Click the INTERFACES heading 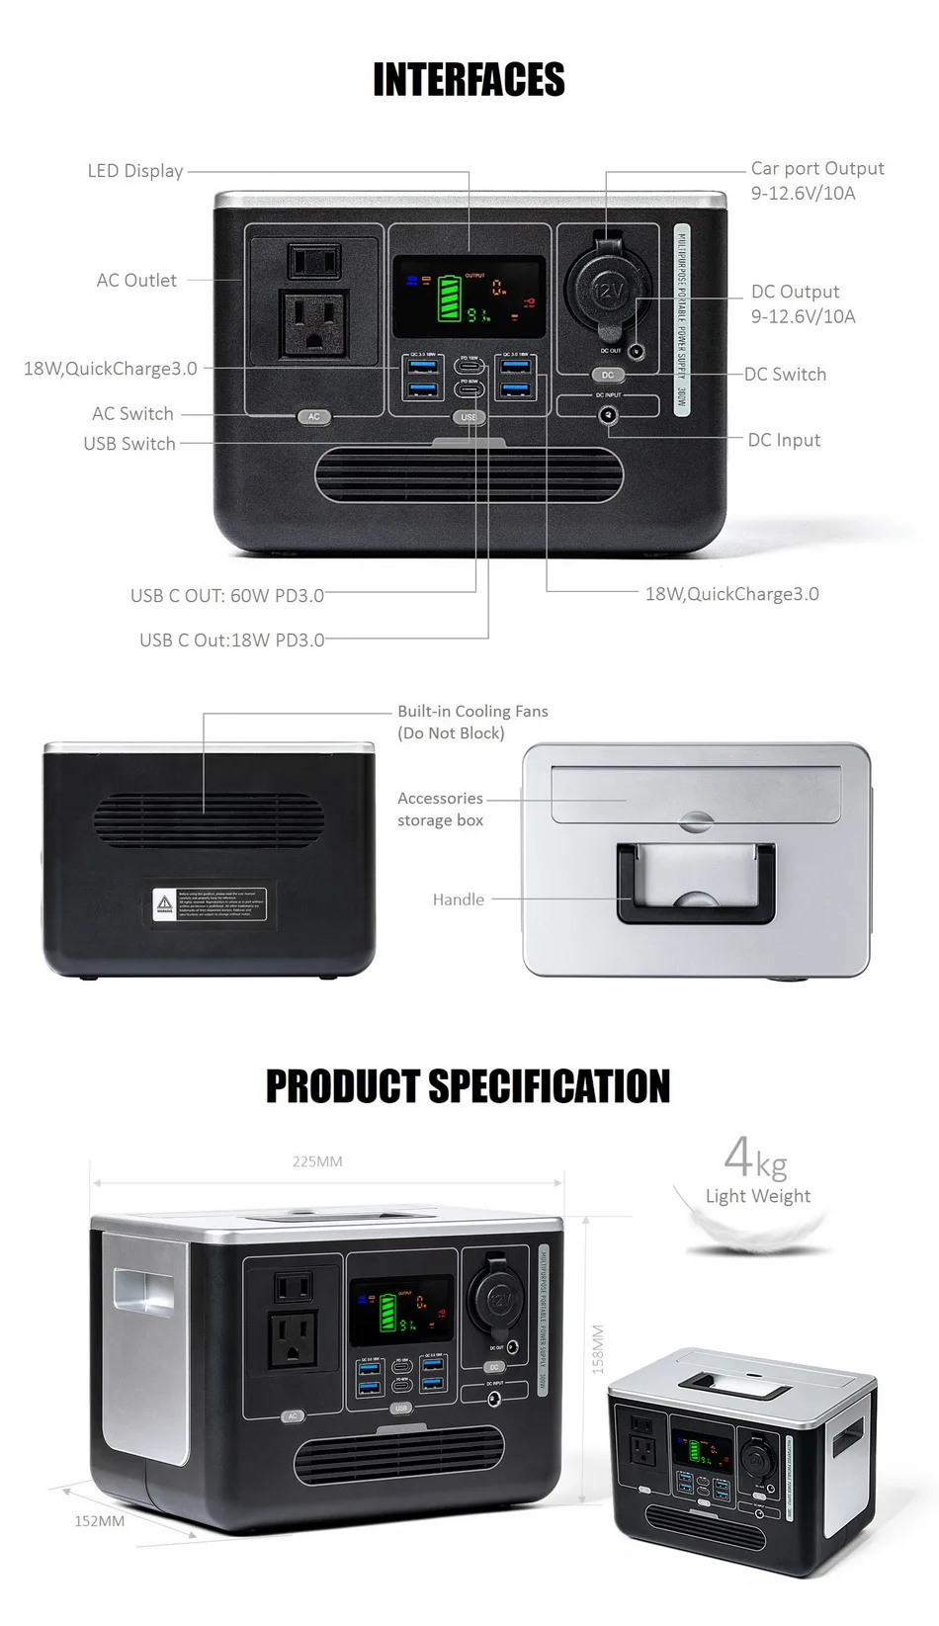coord(469,80)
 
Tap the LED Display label coord(135,171)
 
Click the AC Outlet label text coord(136,281)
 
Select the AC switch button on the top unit coord(313,417)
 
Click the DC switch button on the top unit coord(608,376)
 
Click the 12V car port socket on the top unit coord(607,290)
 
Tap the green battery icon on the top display coord(450,299)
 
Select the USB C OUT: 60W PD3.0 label coord(227,596)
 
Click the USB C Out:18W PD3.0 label coord(231,641)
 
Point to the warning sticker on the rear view coord(209,903)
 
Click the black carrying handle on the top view coord(696,884)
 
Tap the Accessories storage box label coord(441,810)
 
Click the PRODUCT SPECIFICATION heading coord(469,1086)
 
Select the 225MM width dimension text coord(317,1161)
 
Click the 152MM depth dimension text coord(100,1521)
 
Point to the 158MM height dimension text coord(598,1349)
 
